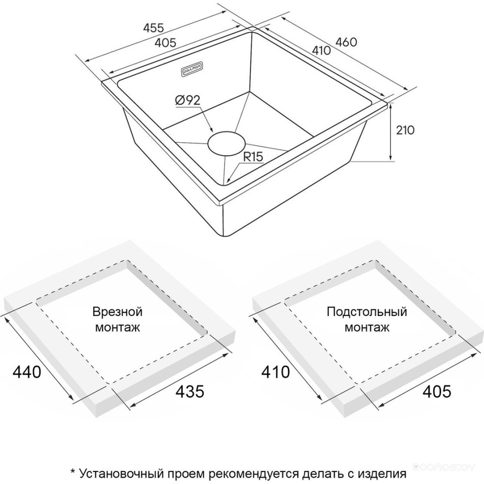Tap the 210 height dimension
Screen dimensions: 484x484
405,130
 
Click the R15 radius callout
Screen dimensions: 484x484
254,157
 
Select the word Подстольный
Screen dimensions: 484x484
367,311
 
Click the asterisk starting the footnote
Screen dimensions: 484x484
73,471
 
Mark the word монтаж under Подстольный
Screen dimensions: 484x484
367,328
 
